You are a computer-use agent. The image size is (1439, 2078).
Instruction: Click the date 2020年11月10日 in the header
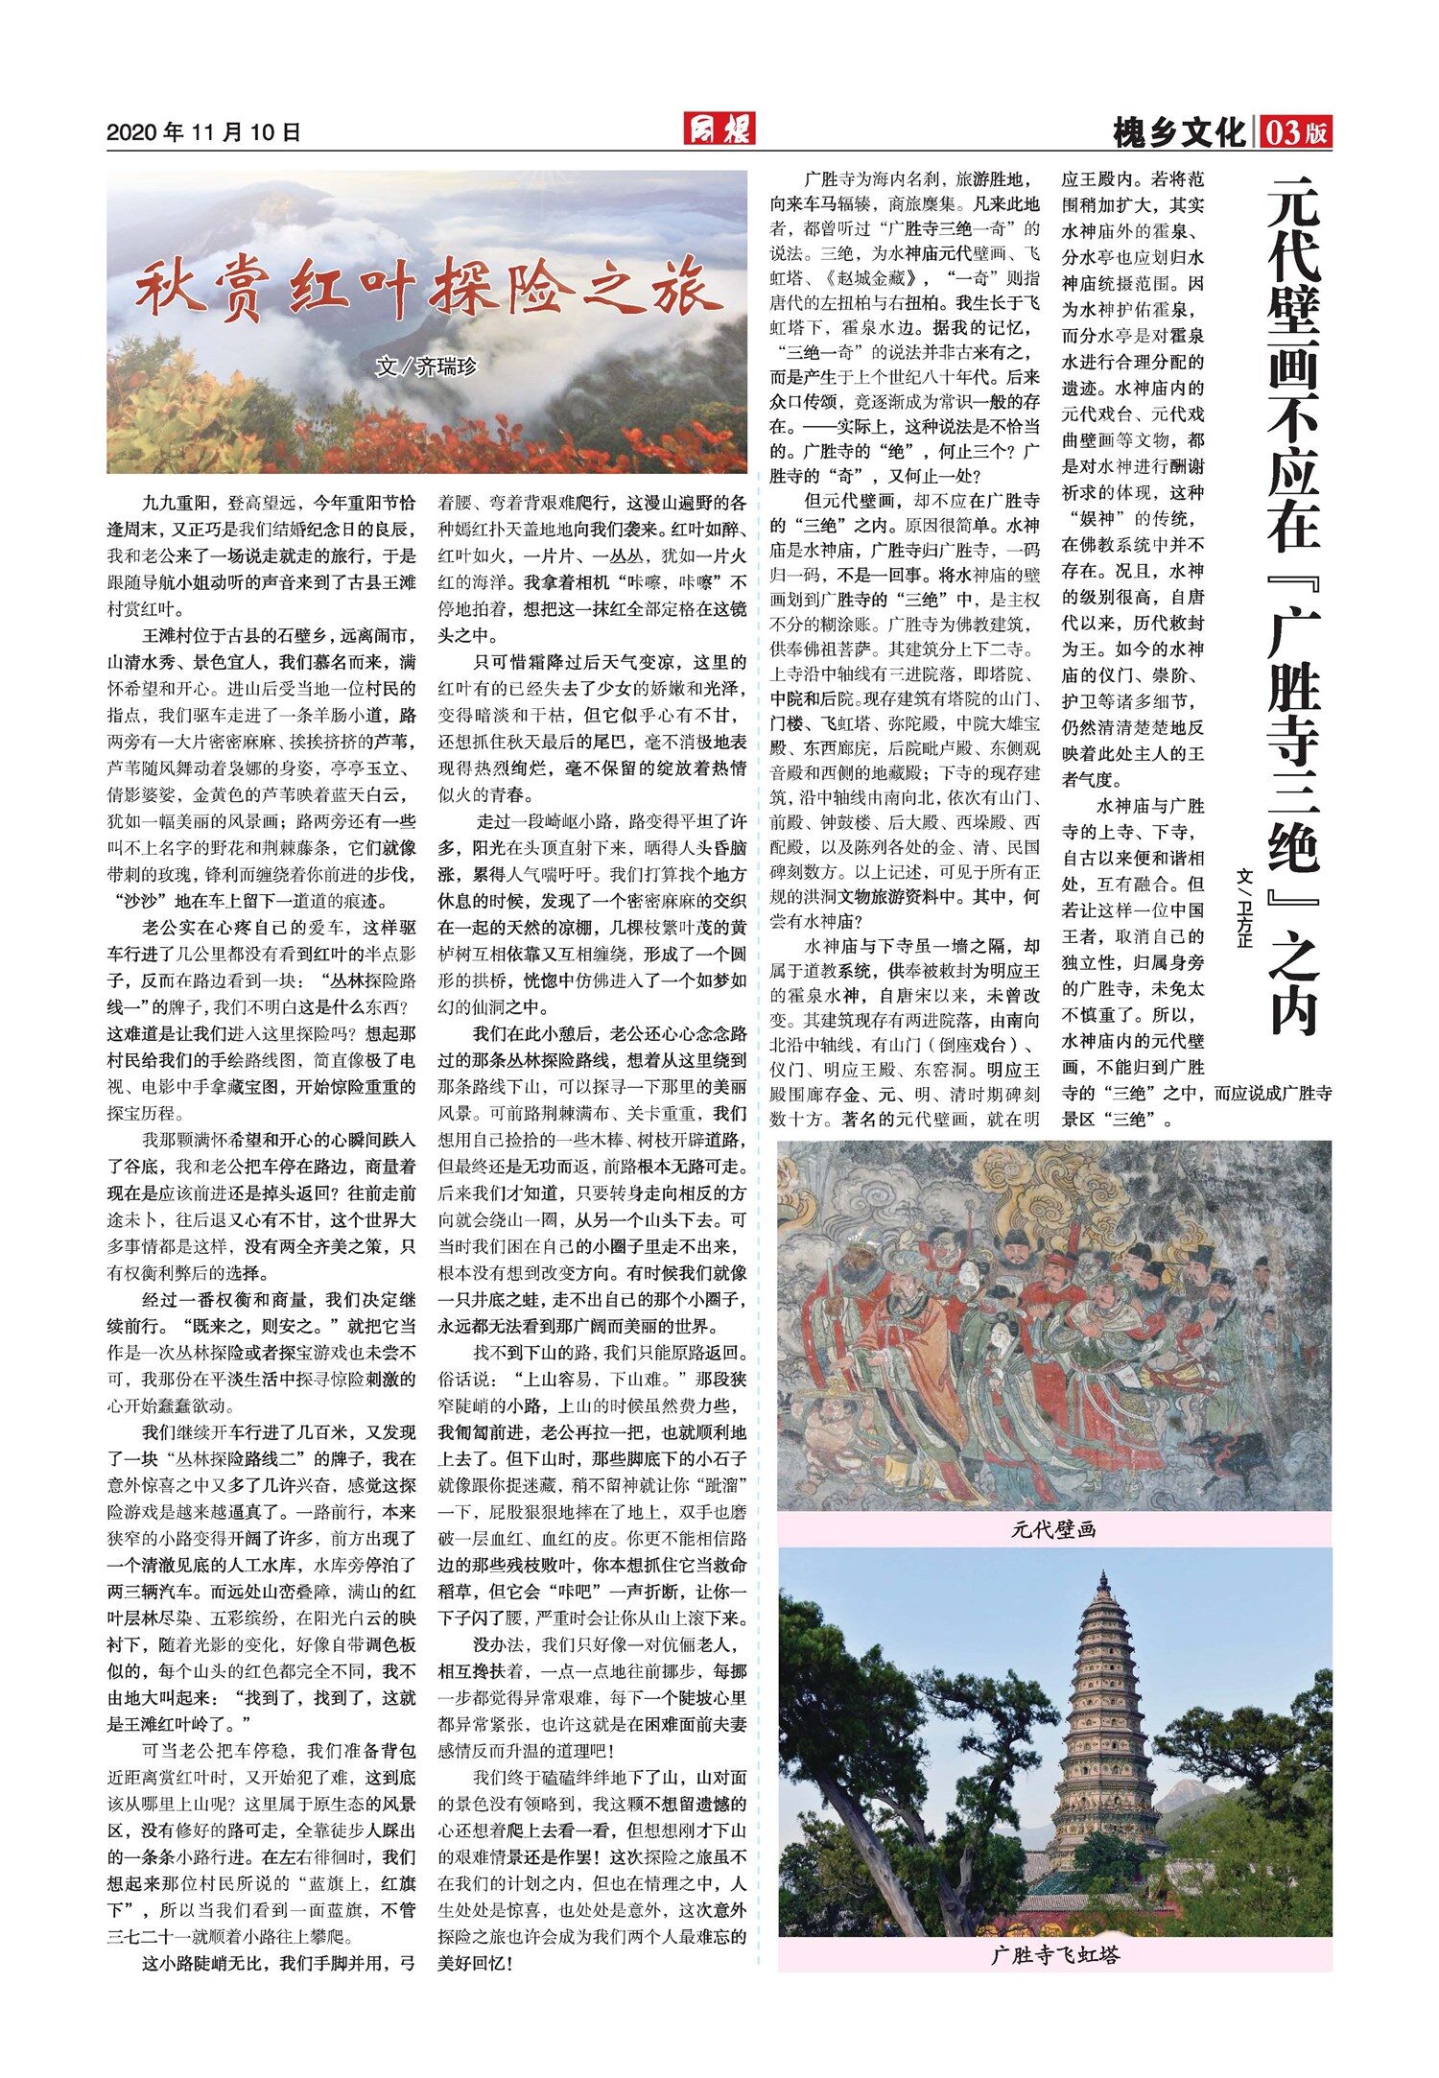[203, 133]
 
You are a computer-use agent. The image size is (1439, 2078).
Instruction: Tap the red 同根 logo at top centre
[719, 129]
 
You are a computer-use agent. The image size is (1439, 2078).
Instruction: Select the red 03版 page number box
[1297, 132]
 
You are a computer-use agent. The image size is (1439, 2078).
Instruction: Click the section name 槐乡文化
[1179, 133]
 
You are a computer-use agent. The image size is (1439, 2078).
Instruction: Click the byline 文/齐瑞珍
[427, 366]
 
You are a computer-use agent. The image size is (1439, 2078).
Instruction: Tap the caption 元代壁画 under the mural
[1053, 1530]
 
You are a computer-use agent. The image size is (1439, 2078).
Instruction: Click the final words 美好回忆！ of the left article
[476, 1963]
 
